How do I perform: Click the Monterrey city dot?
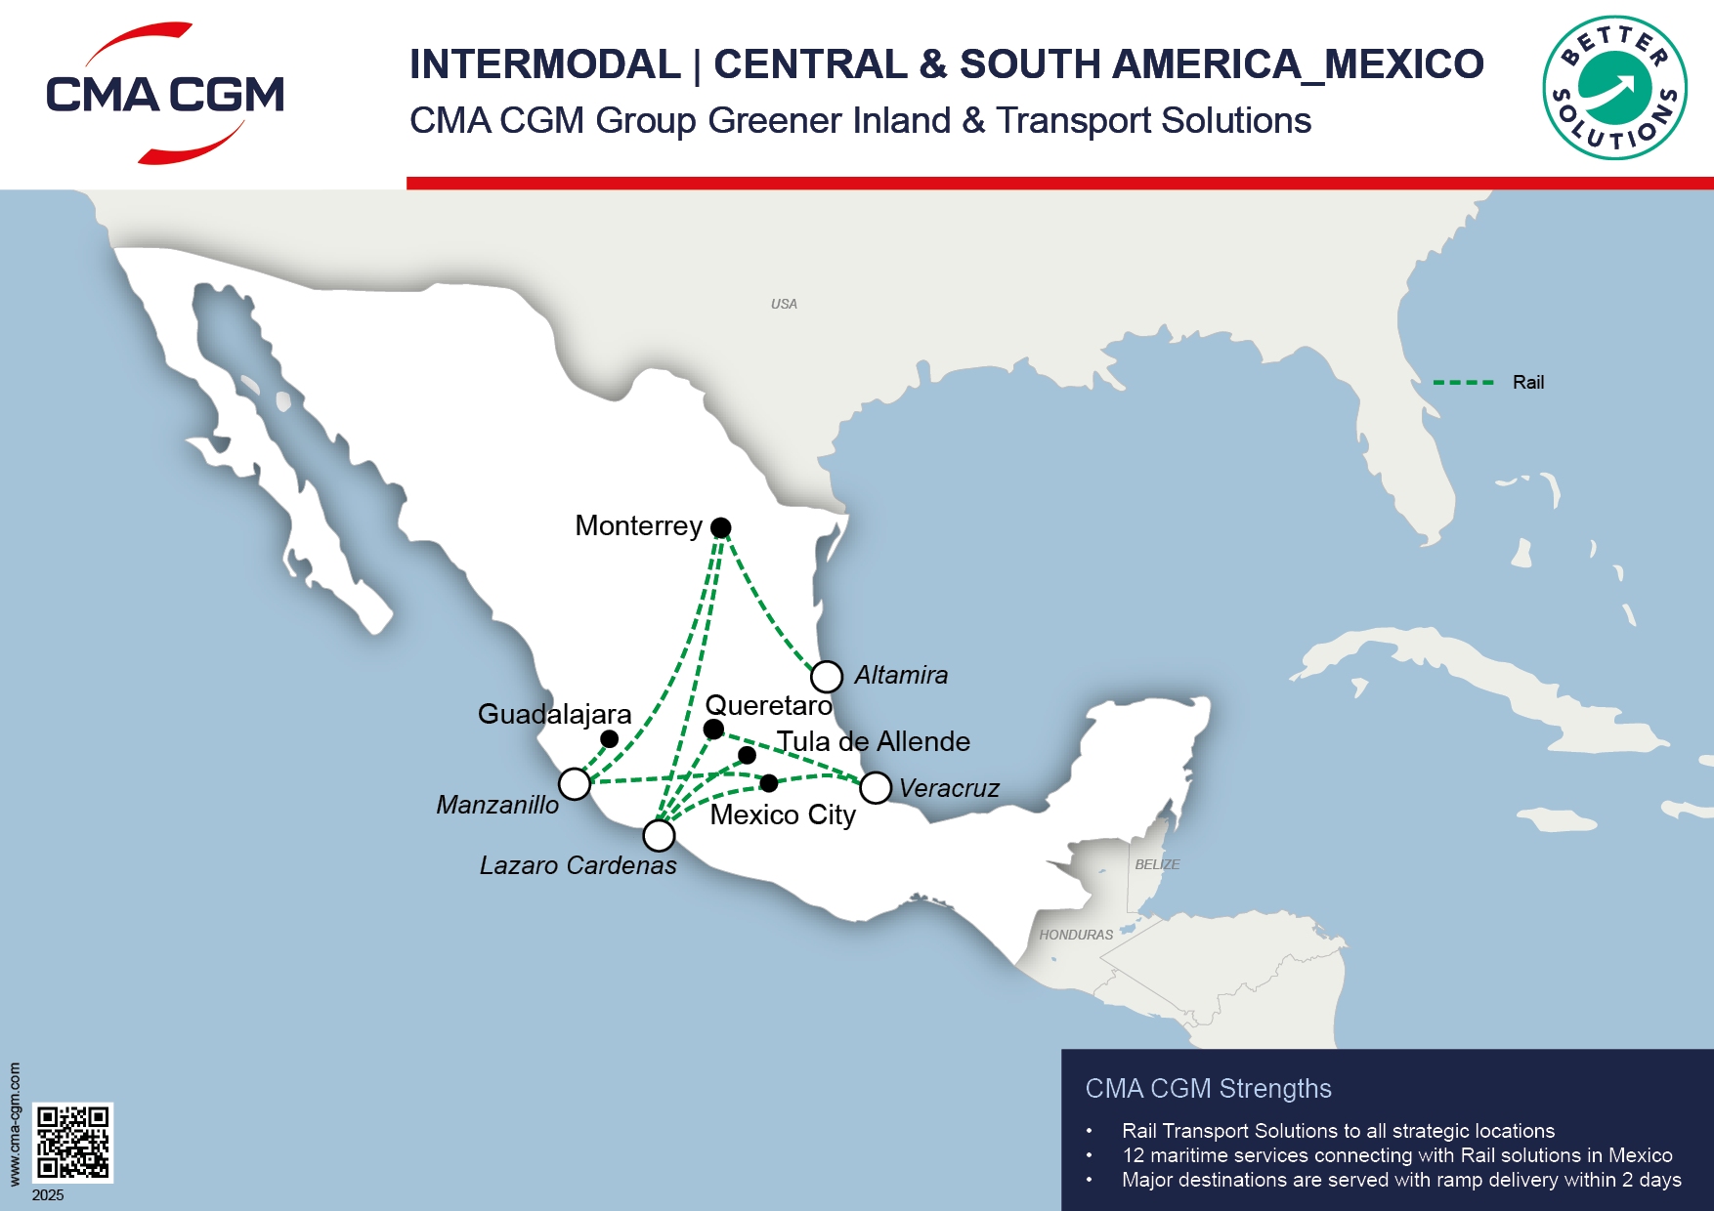(720, 527)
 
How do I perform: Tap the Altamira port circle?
(827, 676)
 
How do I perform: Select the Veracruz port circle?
(876, 787)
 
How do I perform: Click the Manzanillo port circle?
(575, 783)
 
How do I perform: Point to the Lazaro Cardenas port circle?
(659, 835)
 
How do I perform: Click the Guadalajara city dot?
(609, 738)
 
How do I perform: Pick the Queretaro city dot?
(713, 730)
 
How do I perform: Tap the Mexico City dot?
(769, 782)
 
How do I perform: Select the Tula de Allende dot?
(747, 755)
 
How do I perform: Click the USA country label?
(784, 304)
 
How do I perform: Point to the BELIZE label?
(1157, 864)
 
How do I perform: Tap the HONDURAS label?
(1076, 935)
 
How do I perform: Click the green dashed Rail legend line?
(1463, 383)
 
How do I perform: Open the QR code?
(72, 1143)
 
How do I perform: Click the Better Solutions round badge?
(1614, 88)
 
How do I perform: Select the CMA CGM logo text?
(165, 95)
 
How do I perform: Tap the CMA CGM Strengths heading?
(1208, 1088)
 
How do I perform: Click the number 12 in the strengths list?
(1133, 1155)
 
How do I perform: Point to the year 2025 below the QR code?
(48, 1195)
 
